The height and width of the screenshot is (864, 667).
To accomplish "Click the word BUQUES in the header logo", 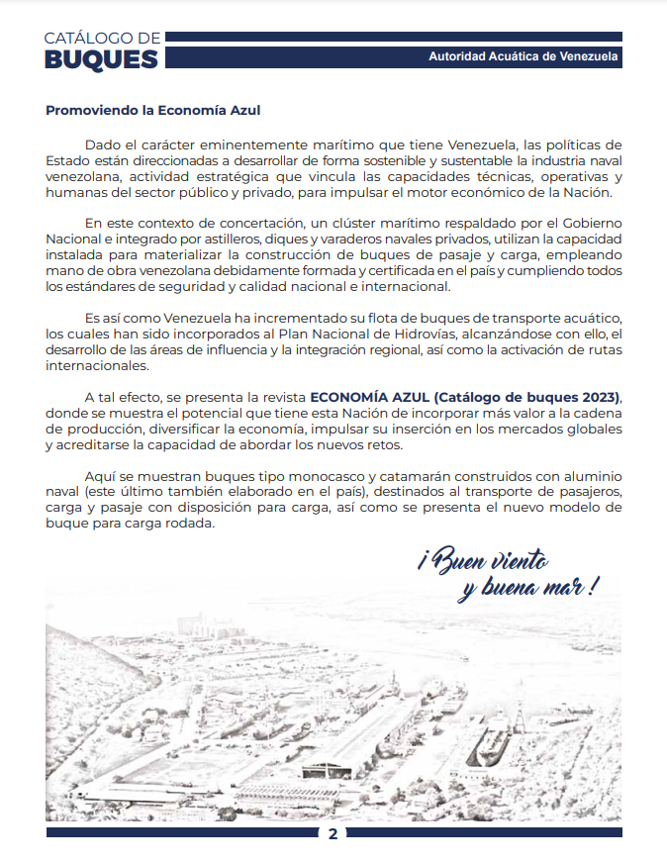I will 101,58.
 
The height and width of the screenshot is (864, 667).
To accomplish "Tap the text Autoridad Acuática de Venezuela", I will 524,57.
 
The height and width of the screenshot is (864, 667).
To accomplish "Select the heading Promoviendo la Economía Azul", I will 152,110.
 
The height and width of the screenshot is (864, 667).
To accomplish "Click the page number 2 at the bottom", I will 333,833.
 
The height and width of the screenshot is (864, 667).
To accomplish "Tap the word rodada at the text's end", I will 190,525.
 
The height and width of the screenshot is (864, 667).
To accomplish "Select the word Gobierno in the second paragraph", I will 592,224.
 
